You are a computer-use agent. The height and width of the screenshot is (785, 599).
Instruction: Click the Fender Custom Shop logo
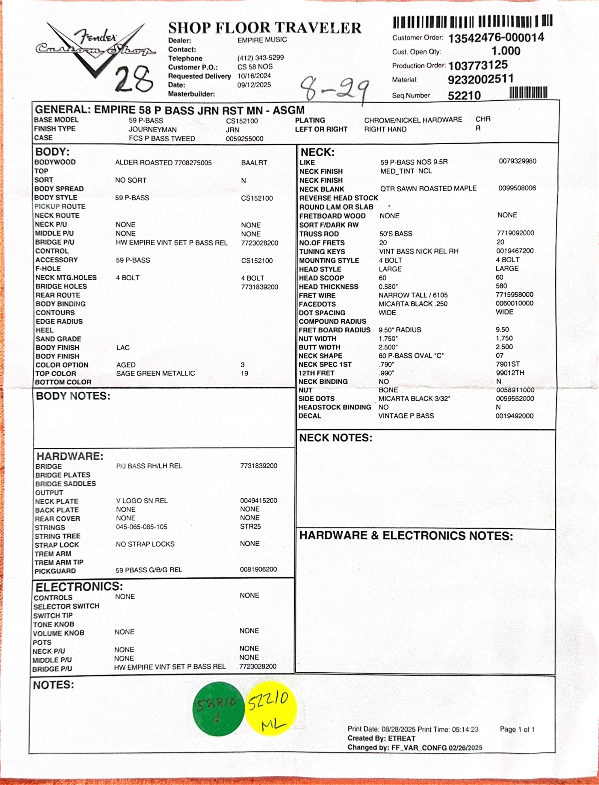(x=96, y=47)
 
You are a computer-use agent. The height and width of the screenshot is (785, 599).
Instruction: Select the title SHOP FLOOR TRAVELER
(x=264, y=28)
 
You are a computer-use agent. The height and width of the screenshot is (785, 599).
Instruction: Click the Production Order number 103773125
(x=478, y=65)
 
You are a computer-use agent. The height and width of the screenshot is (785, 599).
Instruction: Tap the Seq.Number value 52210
(x=464, y=96)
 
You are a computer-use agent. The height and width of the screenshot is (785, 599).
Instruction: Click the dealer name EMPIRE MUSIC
(x=262, y=40)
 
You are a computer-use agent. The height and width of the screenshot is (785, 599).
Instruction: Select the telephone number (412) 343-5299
(x=260, y=58)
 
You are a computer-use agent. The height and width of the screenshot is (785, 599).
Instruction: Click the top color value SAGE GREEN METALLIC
(x=155, y=373)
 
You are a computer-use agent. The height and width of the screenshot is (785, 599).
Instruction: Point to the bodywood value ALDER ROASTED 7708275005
(x=163, y=163)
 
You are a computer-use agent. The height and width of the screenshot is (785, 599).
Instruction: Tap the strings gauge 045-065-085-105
(x=141, y=527)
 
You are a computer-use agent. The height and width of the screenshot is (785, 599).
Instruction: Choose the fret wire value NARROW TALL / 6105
(x=413, y=295)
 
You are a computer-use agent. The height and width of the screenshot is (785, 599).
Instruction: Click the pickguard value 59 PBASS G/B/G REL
(x=149, y=570)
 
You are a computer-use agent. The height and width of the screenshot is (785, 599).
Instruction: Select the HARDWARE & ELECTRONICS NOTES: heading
(x=406, y=536)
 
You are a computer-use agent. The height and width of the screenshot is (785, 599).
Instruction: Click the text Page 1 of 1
(x=517, y=729)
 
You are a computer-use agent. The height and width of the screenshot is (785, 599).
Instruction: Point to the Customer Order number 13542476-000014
(x=496, y=38)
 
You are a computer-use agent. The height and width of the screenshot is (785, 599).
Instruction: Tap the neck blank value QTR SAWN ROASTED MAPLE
(x=428, y=188)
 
